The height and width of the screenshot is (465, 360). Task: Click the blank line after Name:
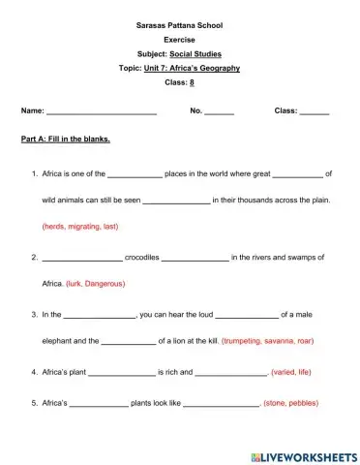tap(102, 112)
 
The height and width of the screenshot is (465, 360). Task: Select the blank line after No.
tap(219, 112)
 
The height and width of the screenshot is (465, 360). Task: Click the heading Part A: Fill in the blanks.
tap(66, 139)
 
